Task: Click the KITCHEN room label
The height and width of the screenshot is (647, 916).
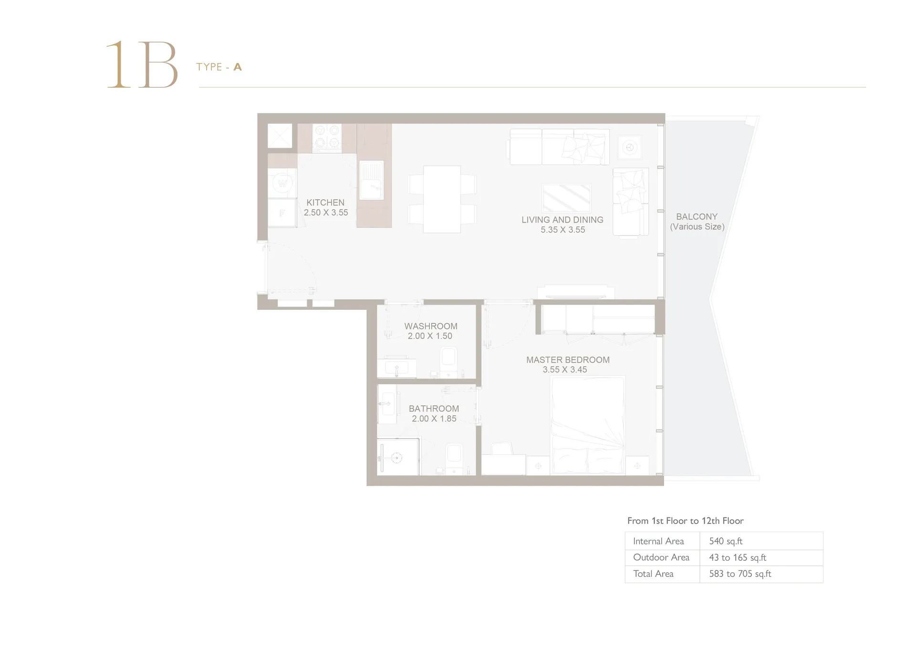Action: coord(325,203)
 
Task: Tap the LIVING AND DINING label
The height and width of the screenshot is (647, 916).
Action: coord(562,220)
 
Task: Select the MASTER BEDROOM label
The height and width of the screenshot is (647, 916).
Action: coord(568,360)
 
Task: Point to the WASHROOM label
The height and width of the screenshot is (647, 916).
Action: coord(431,326)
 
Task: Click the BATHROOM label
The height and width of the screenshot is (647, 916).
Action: coord(434,409)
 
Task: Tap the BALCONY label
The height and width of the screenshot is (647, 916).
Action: coord(697,216)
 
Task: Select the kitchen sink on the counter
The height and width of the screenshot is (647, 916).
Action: coord(371,179)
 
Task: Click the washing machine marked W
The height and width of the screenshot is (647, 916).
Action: coord(282,183)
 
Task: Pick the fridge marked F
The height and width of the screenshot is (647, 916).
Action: coord(282,213)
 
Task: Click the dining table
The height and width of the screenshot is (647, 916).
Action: coord(442,199)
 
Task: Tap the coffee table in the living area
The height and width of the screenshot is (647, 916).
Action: coord(566,198)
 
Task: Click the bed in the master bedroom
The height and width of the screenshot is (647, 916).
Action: coord(588,425)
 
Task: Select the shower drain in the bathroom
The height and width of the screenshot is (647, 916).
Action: coord(396,458)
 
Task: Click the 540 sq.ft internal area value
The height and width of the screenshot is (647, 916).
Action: coord(726,541)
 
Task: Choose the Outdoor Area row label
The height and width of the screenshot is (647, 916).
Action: coord(661,557)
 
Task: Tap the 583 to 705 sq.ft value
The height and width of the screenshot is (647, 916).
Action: coord(740,574)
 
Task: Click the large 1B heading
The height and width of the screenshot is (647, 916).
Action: coord(142,65)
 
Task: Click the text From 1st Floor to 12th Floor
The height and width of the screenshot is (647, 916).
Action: coord(686,521)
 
